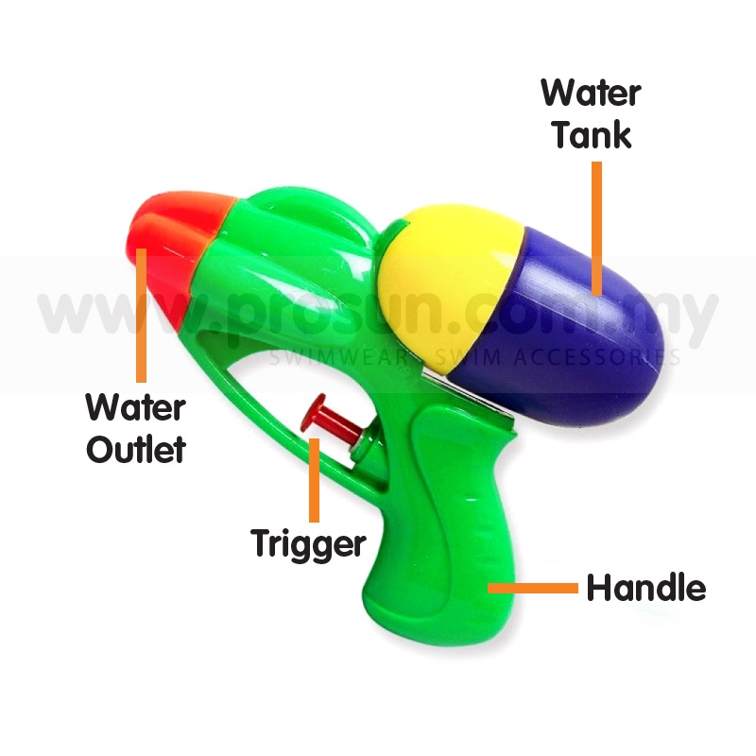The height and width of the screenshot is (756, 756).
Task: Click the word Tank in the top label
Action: tap(592, 135)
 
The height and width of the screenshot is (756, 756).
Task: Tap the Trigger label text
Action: tap(308, 543)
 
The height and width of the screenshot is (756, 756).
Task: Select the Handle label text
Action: tap(646, 588)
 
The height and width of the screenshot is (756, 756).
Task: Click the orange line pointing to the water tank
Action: tap(596, 227)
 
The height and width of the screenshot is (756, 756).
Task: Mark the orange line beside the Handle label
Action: tap(533, 588)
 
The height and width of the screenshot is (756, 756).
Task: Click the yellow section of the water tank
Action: tap(444, 274)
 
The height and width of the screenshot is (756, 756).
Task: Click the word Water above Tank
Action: tap(591, 94)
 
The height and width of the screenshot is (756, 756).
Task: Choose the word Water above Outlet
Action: tap(136, 409)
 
